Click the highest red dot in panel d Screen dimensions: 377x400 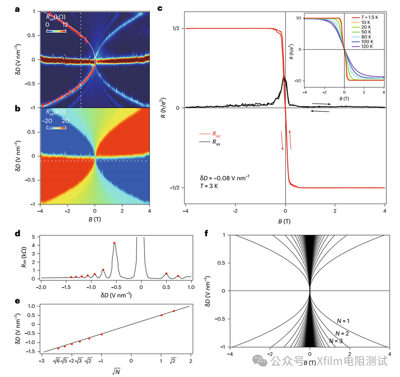114,243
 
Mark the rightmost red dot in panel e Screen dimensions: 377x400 174,311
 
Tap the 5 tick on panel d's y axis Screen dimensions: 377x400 35,237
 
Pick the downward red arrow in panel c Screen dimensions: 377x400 282,141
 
